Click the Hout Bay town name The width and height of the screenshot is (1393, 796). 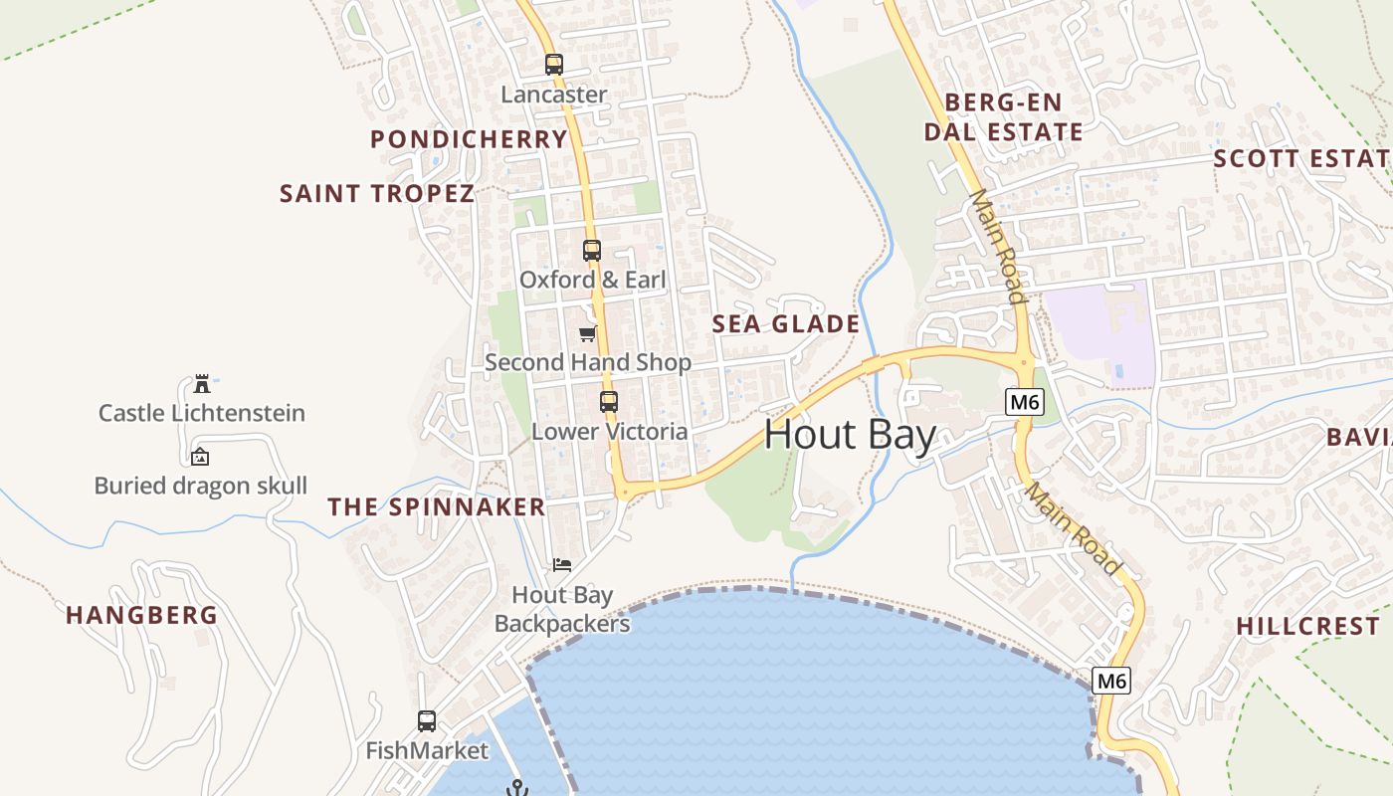851,436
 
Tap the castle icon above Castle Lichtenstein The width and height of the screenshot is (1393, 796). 202,383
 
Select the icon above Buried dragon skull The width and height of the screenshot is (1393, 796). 200,457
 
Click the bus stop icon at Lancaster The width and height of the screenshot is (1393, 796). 554,65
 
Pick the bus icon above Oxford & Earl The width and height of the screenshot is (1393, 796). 592,250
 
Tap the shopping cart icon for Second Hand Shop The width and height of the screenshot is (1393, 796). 588,333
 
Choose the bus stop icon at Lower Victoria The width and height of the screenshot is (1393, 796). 608,402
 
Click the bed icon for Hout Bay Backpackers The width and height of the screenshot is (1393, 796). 562,565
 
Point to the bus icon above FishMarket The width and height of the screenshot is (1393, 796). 427,720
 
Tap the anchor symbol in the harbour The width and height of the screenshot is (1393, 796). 516,788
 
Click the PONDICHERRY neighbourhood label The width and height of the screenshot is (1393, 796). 469,139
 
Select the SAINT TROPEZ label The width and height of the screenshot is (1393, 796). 377,194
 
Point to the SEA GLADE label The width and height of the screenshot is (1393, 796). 786,323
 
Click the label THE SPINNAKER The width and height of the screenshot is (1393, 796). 437,507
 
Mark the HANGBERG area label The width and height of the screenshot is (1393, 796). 141,615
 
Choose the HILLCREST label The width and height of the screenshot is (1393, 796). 1307,626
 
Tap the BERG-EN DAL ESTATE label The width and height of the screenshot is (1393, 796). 1003,117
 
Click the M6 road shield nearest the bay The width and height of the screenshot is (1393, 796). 1111,682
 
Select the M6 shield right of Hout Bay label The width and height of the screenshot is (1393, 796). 1023,402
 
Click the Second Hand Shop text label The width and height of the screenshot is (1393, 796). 587,362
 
